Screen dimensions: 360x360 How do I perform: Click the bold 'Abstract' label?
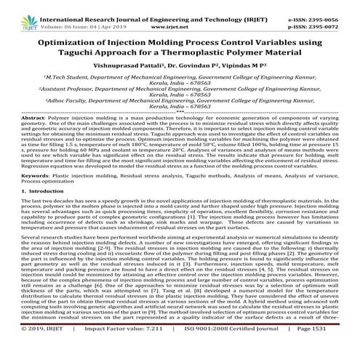click(14, 118)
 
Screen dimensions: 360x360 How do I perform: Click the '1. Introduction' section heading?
click(25, 191)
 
